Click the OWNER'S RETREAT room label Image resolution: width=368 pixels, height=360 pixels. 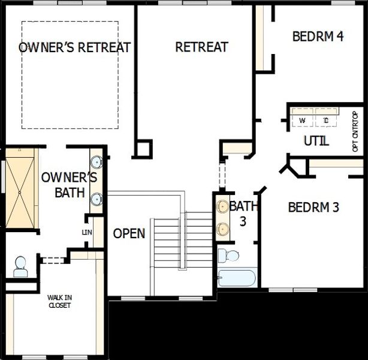coord(75,48)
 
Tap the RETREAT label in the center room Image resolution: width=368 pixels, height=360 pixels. coord(201,47)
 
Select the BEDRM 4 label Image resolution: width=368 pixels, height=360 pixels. coord(318,36)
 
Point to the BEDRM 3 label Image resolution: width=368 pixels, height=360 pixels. coord(313,208)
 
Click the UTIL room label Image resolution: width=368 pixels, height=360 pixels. coord(316,142)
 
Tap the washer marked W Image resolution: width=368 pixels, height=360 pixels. coord(303,120)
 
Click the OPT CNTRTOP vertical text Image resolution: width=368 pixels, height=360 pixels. coord(355,130)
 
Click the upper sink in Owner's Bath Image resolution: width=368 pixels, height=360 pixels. coord(96,162)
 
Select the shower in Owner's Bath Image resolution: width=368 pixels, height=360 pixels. coord(21,187)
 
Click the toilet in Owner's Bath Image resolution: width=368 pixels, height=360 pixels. coord(20,266)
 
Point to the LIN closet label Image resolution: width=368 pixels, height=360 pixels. coord(87,232)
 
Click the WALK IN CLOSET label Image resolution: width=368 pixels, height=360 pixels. coord(59,301)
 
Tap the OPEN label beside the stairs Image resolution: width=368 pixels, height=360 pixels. coord(129,233)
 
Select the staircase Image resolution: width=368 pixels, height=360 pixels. coord(183,243)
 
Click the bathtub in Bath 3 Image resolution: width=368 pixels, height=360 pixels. coord(237,277)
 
